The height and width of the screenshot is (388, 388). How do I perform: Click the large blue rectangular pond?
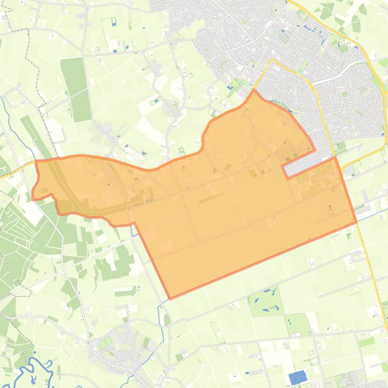[298, 377]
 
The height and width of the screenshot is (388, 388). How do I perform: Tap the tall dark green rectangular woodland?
[76, 83]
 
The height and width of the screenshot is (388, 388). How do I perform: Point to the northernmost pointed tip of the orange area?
[254, 91]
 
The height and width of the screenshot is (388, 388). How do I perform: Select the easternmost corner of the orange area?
[356, 221]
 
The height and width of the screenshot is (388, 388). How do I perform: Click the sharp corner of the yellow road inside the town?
[273, 60]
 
